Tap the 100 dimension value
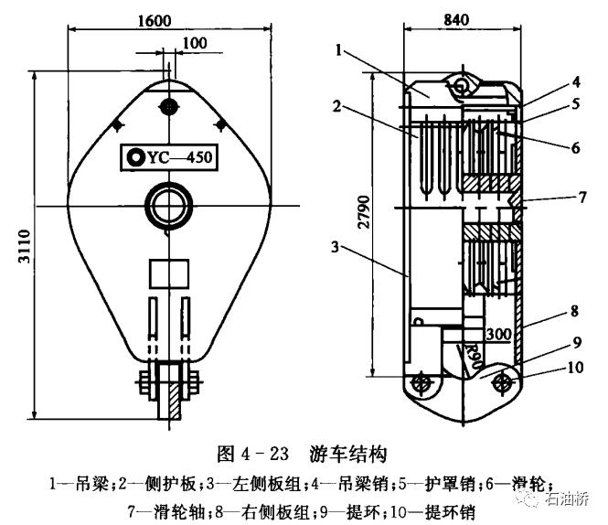194,43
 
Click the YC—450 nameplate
170,157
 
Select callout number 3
336,248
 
